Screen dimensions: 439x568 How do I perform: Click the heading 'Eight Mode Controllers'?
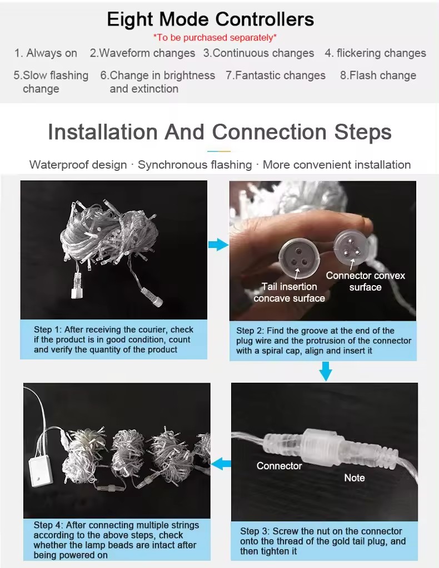click(211, 19)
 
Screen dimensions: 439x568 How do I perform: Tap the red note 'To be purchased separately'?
click(215, 38)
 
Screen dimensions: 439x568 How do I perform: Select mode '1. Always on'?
click(46, 53)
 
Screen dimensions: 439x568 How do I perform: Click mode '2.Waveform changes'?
click(142, 53)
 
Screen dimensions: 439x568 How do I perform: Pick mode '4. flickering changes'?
click(375, 53)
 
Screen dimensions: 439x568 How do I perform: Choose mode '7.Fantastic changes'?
click(276, 75)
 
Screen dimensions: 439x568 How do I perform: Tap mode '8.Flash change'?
click(378, 75)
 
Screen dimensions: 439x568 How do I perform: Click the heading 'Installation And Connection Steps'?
click(220, 131)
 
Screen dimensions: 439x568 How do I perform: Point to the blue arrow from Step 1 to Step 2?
click(218, 245)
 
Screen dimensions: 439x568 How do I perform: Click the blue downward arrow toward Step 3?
click(326, 371)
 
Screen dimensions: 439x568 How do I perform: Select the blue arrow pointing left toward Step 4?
click(221, 464)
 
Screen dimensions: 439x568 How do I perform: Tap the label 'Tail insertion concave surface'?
click(289, 292)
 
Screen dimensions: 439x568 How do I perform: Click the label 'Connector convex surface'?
click(365, 281)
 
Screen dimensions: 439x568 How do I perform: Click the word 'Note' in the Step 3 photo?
click(355, 478)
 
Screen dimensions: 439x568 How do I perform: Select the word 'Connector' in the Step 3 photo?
click(279, 466)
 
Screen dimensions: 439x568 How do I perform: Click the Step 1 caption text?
click(113, 339)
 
